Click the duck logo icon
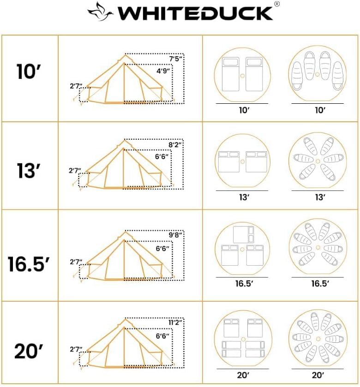101,11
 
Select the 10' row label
29,73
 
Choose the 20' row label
29,352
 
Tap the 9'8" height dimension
175,234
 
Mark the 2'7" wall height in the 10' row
75,86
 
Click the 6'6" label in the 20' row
162,336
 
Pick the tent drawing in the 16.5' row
123,256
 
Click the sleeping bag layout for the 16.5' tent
318,250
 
